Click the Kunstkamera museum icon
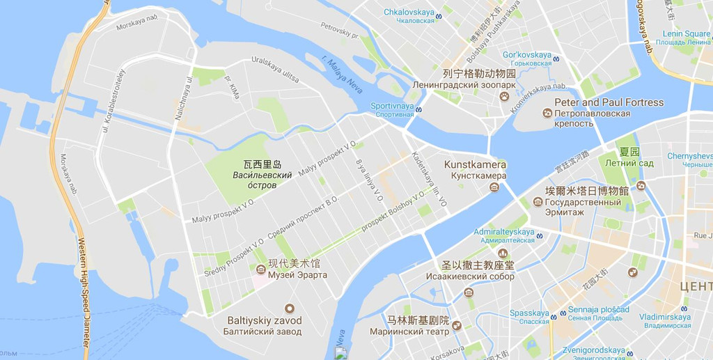[494, 187]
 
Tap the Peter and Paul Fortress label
[609, 102]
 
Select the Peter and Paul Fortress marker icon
[547, 114]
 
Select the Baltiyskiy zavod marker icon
[289, 308]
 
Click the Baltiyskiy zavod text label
[265, 320]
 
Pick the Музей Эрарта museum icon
[260, 269]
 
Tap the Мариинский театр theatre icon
[457, 325]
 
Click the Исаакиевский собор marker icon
[503, 253]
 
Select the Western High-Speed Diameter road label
[82, 292]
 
